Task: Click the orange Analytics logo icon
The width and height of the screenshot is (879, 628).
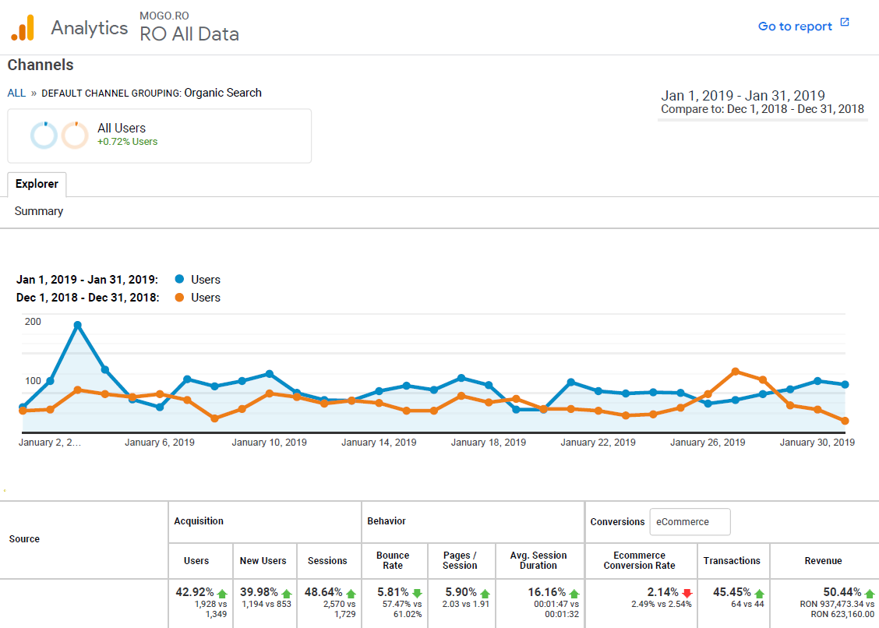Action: (x=23, y=28)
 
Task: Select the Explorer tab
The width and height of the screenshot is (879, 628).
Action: (x=37, y=184)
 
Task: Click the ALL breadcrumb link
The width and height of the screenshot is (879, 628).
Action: (x=16, y=93)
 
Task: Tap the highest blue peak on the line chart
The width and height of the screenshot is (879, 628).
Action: (x=77, y=325)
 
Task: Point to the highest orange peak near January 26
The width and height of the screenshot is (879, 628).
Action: (x=735, y=372)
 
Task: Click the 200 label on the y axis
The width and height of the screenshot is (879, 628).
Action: (x=33, y=321)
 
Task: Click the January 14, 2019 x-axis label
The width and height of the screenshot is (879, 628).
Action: (x=379, y=443)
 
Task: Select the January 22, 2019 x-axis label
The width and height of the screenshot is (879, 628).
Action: (x=598, y=443)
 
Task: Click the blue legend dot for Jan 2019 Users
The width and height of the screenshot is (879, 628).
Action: (x=180, y=279)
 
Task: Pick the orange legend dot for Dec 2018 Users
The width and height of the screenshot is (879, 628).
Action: (x=180, y=298)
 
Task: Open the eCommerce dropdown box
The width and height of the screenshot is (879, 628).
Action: (x=690, y=522)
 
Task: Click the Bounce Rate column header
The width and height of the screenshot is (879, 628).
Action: (x=393, y=560)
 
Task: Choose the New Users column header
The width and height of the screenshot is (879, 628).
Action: (x=263, y=560)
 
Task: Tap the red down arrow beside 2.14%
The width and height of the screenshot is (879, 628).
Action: (x=687, y=593)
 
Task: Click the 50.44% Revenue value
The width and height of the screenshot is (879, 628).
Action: (x=842, y=592)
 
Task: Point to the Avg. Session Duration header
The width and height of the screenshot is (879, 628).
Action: (x=538, y=560)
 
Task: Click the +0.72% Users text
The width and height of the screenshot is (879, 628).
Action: (x=127, y=142)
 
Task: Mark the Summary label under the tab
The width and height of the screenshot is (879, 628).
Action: (x=39, y=211)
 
